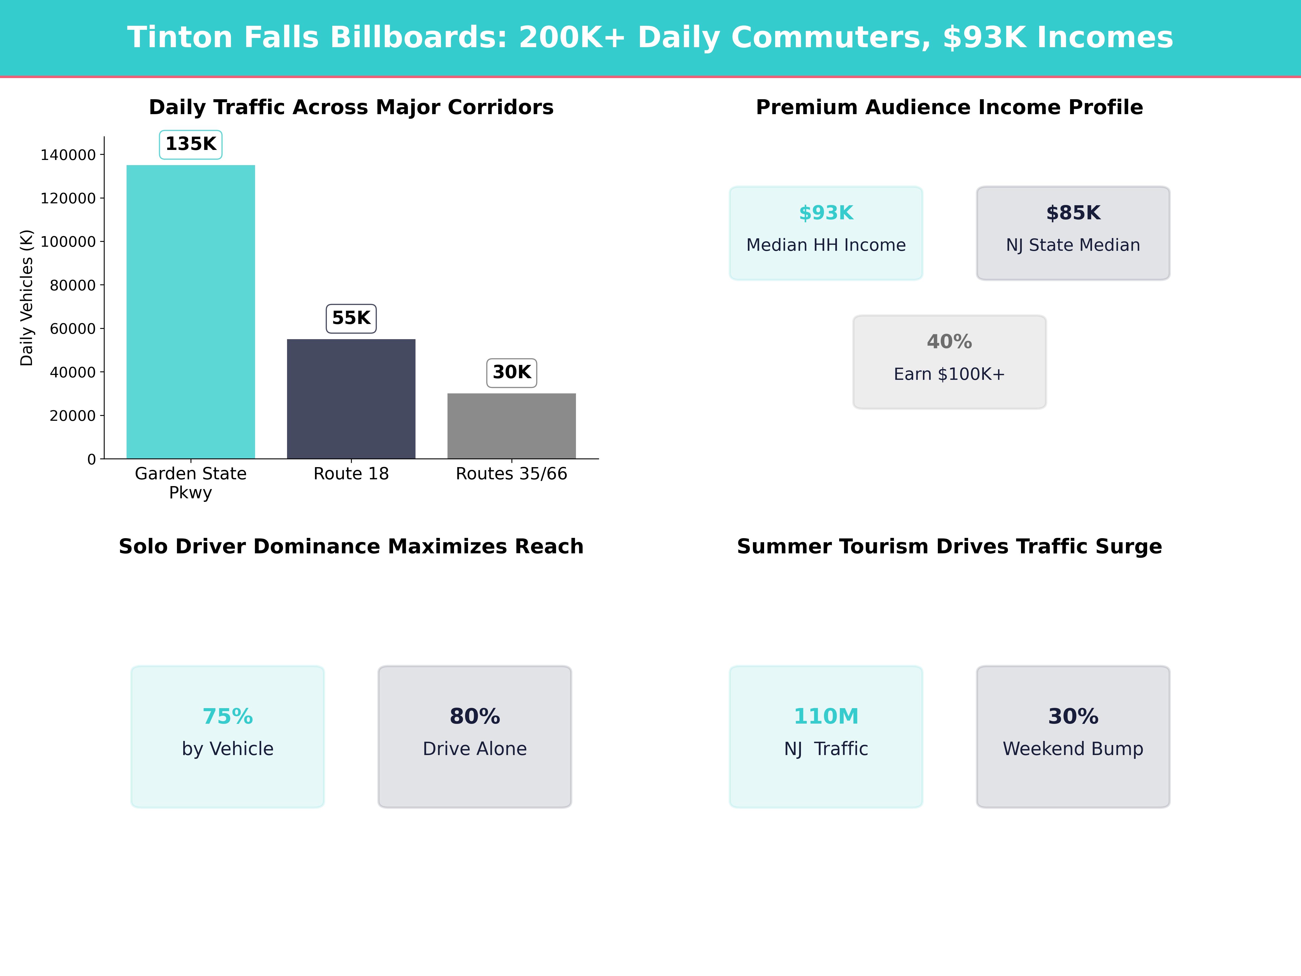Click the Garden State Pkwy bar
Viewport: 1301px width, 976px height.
(x=191, y=312)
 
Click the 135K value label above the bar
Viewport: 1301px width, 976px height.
(x=191, y=144)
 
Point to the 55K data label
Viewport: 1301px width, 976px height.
(x=351, y=318)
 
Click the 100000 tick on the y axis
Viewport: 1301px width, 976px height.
(x=68, y=242)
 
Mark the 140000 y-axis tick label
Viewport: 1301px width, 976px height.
(x=68, y=155)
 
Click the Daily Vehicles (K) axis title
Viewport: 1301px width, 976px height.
(x=27, y=298)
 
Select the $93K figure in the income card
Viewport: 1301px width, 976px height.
(x=826, y=213)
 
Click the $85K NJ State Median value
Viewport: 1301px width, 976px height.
(x=1073, y=213)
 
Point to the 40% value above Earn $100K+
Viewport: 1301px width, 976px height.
(x=949, y=342)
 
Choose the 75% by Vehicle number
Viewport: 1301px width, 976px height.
(x=228, y=717)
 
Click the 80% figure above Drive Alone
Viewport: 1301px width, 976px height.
(x=475, y=717)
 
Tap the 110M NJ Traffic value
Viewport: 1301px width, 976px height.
(x=826, y=717)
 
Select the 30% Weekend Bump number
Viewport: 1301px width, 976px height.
(x=1073, y=717)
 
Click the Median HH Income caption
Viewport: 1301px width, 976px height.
(x=826, y=245)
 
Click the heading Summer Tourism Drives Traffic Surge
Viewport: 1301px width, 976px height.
(x=949, y=547)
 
